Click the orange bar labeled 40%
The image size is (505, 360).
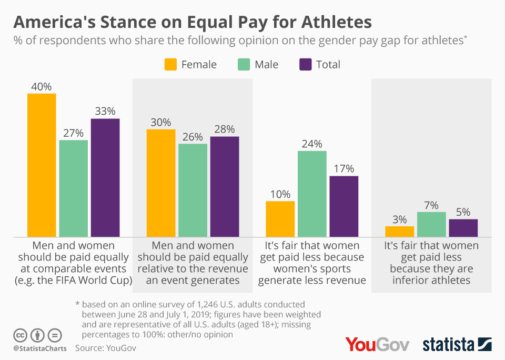click(42, 165)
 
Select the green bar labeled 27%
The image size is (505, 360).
click(74, 188)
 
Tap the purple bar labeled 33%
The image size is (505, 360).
click(105, 178)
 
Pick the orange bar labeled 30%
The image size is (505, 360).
click(161, 183)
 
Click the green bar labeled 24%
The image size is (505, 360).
click(312, 194)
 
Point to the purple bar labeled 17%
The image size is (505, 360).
click(344, 206)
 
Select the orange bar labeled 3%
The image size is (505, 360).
click(400, 232)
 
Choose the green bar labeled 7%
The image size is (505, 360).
click(431, 225)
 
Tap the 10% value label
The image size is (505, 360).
click(280, 194)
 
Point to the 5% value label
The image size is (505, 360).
click(463, 212)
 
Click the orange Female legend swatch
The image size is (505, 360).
click(170, 64)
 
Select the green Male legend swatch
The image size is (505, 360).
click(244, 64)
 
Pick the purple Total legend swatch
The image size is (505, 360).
click(306, 64)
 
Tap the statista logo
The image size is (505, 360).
click(457, 344)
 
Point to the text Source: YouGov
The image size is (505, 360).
click(105, 348)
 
